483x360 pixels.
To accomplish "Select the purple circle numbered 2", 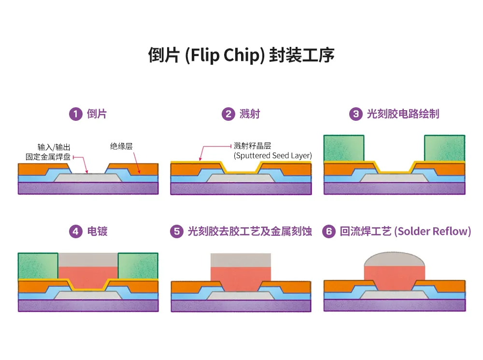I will point(227,114).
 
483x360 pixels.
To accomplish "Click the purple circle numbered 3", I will point(355,114).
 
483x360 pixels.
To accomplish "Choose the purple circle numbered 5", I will point(176,231).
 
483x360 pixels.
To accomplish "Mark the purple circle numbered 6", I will point(329,231).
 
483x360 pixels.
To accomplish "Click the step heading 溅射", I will point(250,114).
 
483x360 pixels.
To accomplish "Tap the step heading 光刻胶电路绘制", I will point(403,114).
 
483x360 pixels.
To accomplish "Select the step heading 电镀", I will point(97,231).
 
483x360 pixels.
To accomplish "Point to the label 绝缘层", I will point(121,146).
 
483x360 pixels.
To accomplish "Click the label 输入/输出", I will point(54,147).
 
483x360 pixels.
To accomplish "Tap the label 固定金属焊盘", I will point(48,157).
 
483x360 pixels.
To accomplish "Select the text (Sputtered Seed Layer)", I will point(272,156).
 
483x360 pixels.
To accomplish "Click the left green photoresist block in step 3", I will point(343,148).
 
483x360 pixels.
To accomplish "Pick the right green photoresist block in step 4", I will point(138,266).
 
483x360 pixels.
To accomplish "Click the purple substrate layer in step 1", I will point(88,188).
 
